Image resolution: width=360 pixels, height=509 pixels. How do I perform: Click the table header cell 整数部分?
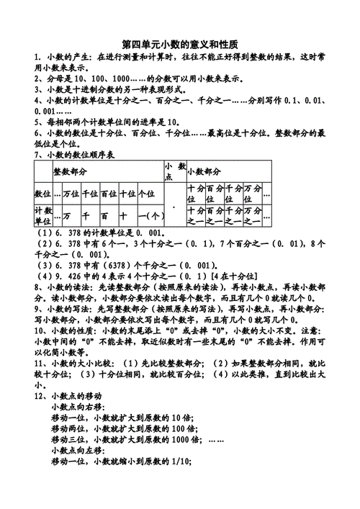click(x=70, y=171)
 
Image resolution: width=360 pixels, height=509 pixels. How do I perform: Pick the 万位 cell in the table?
click(x=71, y=194)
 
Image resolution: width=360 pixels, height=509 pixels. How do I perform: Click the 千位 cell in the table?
click(x=90, y=194)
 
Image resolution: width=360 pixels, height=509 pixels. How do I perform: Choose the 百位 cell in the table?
click(x=109, y=194)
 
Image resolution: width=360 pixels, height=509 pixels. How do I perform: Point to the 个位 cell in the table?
click(x=146, y=194)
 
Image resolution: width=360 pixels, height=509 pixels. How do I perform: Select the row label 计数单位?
click(x=42, y=215)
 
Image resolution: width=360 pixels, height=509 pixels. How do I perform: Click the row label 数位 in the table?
click(x=42, y=194)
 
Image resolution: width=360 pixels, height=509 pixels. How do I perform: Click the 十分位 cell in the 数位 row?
click(x=196, y=193)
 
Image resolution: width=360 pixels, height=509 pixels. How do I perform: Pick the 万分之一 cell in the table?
click(x=252, y=215)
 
